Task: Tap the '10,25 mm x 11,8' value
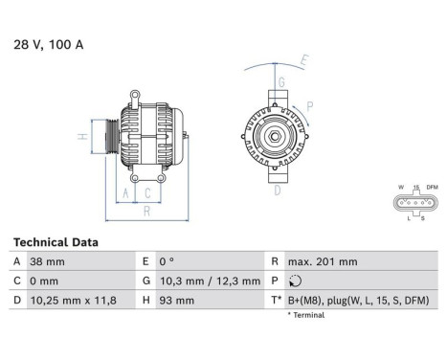click(x=73, y=302)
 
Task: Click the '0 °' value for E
click(x=166, y=261)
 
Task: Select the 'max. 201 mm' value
click(x=323, y=261)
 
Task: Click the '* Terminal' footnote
click(x=306, y=315)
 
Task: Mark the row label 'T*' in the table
click(x=276, y=302)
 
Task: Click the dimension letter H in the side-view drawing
click(x=83, y=136)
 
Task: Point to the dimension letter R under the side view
click(x=146, y=211)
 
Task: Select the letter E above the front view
click(x=304, y=60)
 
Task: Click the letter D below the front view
click(x=278, y=191)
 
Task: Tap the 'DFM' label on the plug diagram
click(x=432, y=187)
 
